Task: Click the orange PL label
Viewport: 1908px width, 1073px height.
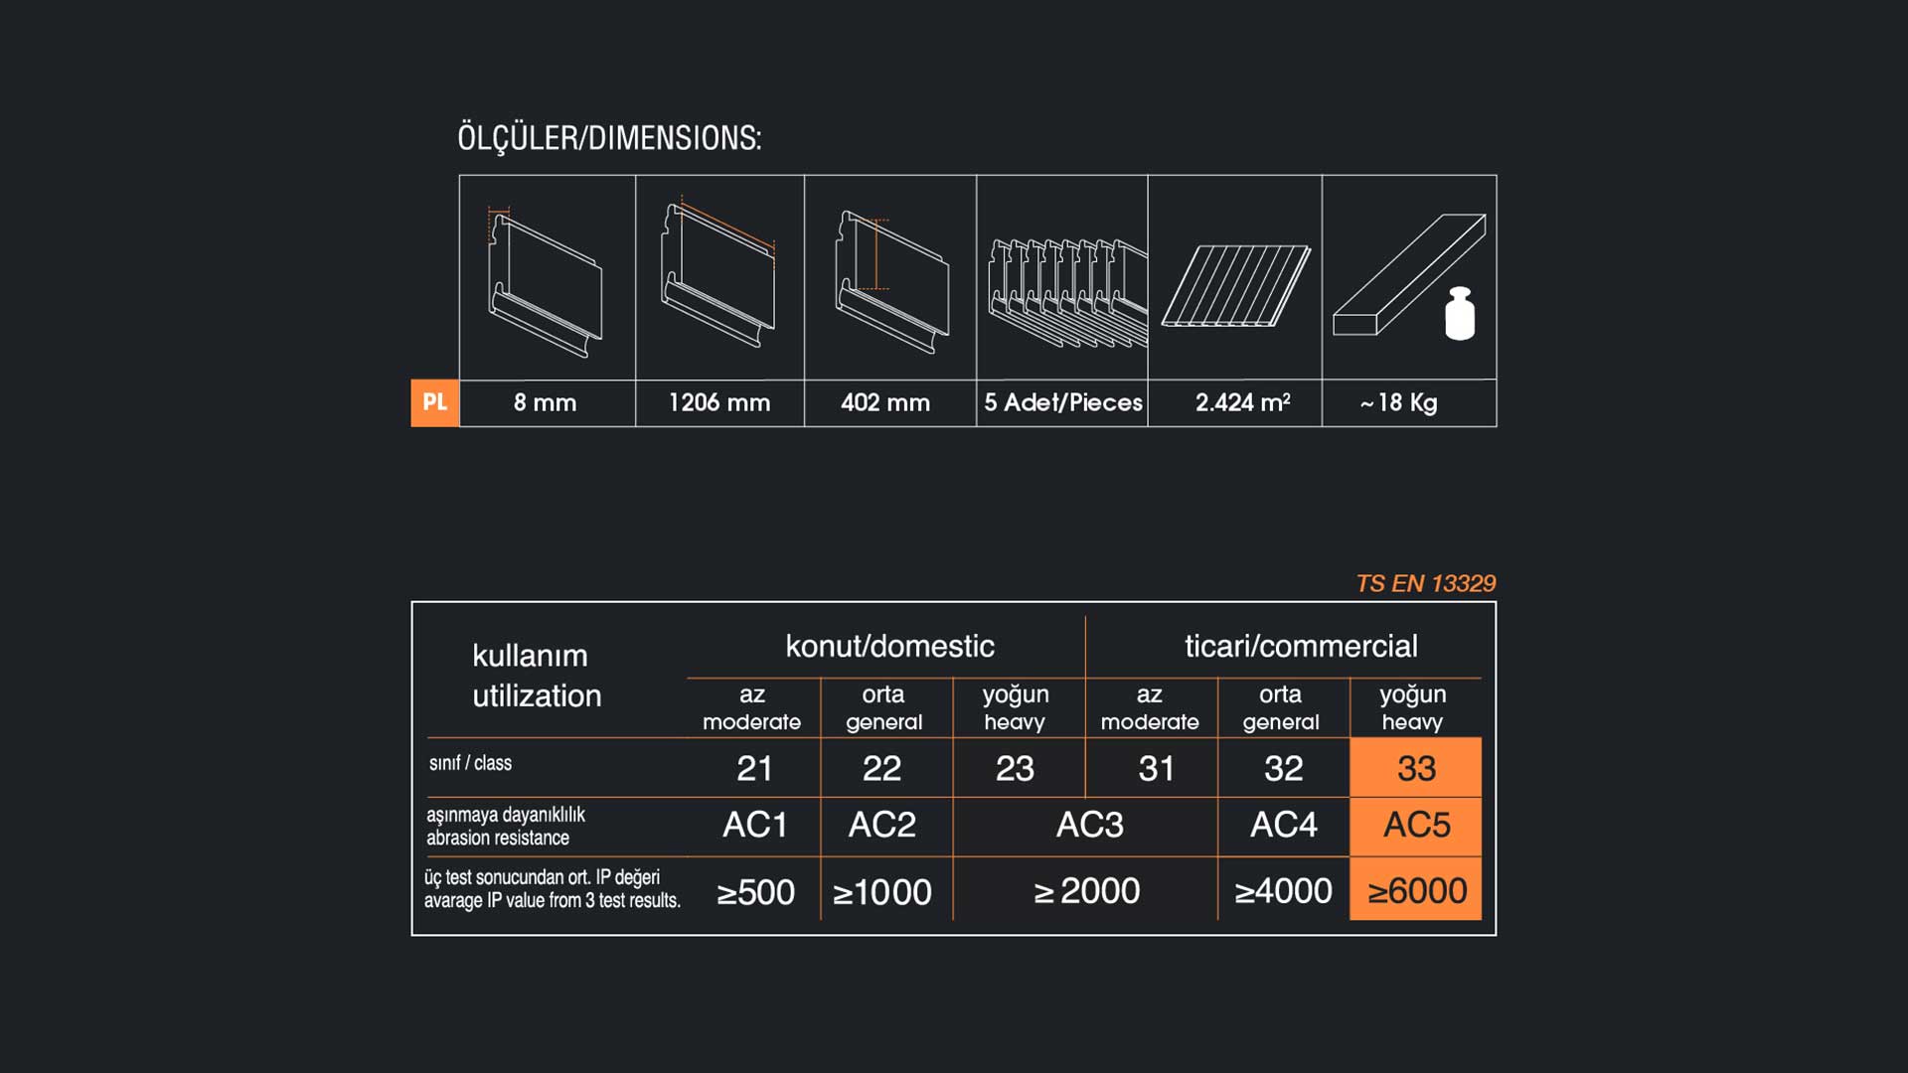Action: pyautogui.click(x=435, y=402)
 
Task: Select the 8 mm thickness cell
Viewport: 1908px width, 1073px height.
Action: pyautogui.click(x=546, y=402)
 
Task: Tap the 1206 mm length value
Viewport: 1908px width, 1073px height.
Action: pyautogui.click(x=719, y=402)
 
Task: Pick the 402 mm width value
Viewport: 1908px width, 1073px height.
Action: pyautogui.click(x=885, y=402)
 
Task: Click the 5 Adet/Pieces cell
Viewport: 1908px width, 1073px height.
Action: pyautogui.click(x=1063, y=402)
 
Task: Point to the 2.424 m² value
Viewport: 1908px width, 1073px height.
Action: pyautogui.click(x=1243, y=402)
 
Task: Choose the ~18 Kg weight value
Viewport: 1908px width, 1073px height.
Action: pyautogui.click(x=1399, y=402)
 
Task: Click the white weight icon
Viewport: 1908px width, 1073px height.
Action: pyautogui.click(x=1460, y=314)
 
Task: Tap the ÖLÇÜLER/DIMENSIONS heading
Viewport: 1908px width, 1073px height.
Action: pyautogui.click(x=609, y=137)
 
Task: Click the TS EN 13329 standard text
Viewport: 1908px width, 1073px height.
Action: pyautogui.click(x=1426, y=583)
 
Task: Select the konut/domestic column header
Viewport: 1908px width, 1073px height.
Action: pyautogui.click(x=889, y=646)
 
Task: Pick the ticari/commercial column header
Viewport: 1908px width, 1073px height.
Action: pyautogui.click(x=1301, y=646)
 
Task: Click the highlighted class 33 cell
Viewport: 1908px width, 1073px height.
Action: pyautogui.click(x=1416, y=767)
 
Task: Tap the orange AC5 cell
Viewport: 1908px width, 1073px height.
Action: pyautogui.click(x=1416, y=826)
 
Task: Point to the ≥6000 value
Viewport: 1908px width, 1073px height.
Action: pyautogui.click(x=1416, y=890)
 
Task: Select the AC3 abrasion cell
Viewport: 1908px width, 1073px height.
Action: pyautogui.click(x=1089, y=825)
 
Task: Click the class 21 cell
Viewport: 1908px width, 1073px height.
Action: pyautogui.click(x=754, y=768)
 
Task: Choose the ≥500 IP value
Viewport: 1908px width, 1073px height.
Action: pyautogui.click(x=755, y=892)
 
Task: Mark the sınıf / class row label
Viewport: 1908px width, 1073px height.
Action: pyautogui.click(x=470, y=763)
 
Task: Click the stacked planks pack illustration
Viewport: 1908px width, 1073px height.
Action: pyautogui.click(x=1066, y=291)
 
